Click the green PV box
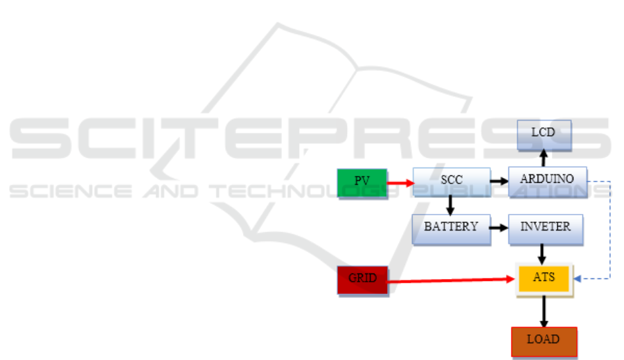(x=362, y=181)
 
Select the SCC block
(x=451, y=181)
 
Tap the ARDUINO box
(x=546, y=179)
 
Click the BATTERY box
(x=450, y=228)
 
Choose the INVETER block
(x=545, y=228)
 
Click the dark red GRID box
(x=362, y=279)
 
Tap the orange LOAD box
(x=543, y=341)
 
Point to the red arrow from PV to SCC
(x=400, y=183)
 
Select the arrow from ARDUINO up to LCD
(x=544, y=158)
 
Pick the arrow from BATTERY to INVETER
(x=499, y=227)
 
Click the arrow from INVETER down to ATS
(x=544, y=253)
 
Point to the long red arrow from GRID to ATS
(x=450, y=280)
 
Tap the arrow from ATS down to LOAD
(x=544, y=312)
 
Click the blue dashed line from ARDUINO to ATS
(x=610, y=228)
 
